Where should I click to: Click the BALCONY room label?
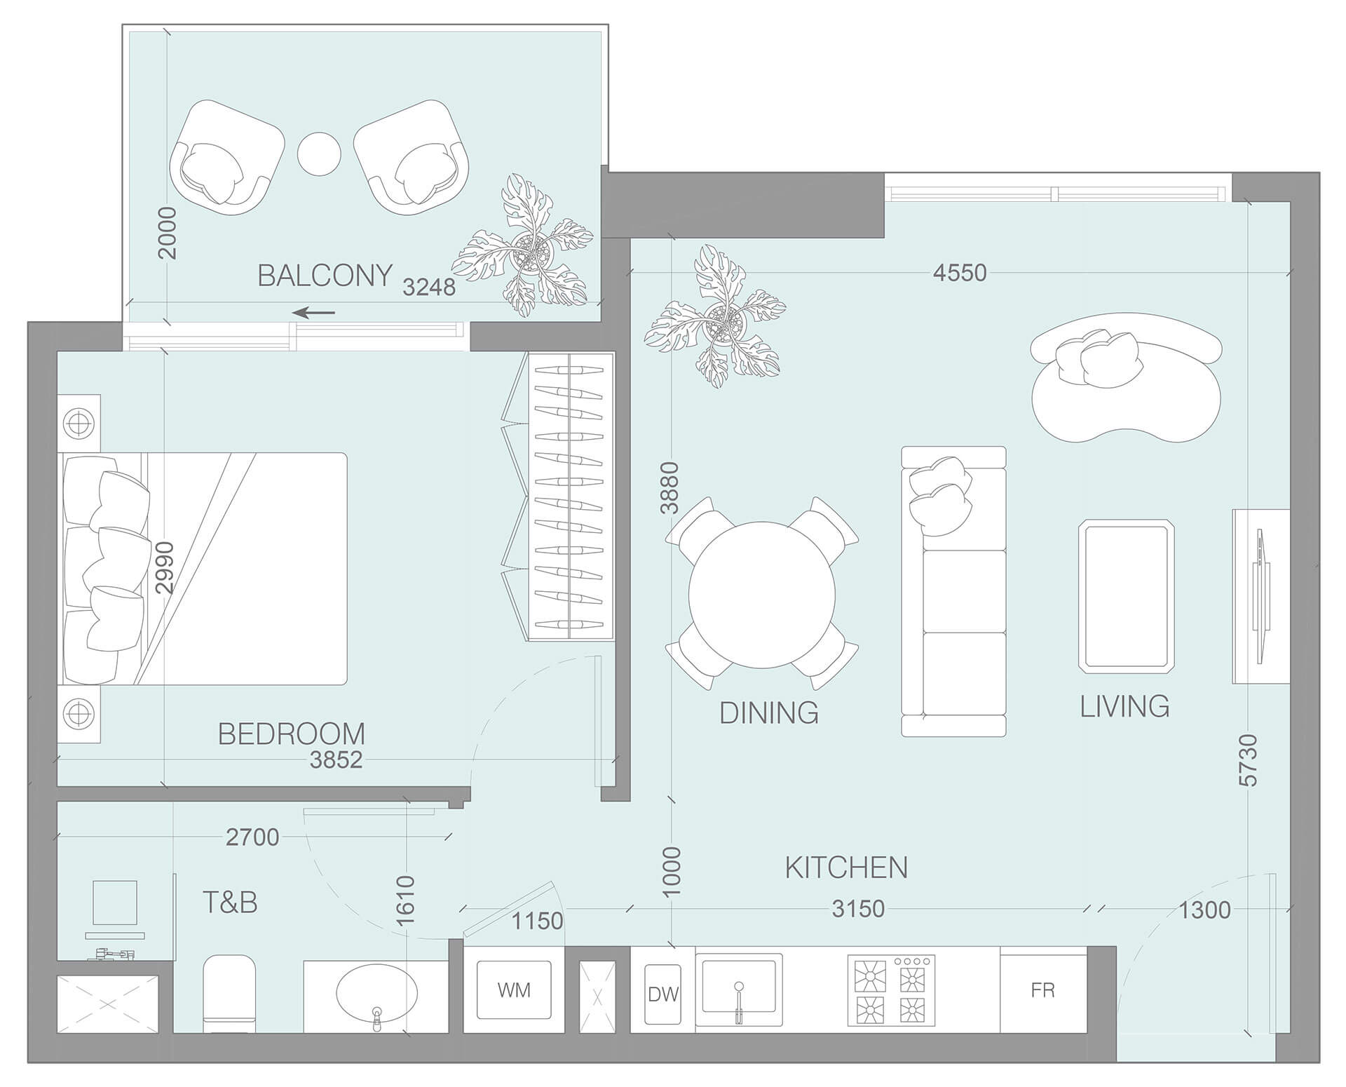325,276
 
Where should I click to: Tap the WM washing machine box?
514,990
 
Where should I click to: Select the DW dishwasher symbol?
662,994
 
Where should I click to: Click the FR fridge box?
1042,990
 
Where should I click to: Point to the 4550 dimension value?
959,272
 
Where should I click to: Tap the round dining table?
762,593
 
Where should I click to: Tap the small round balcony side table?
319,153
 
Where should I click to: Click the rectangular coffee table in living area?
1126,595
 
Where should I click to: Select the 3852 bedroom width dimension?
336,759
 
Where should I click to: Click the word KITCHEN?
845,867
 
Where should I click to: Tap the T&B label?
230,903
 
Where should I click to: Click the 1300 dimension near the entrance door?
1204,910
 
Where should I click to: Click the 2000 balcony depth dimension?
167,233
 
